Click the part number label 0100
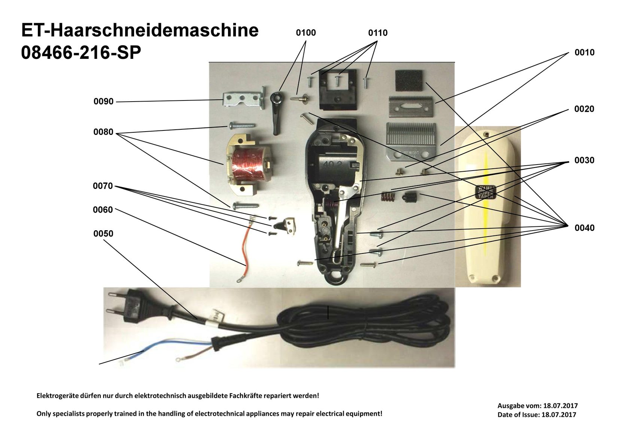[306, 33]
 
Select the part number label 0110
[377, 33]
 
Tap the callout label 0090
[103, 102]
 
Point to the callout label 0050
[103, 234]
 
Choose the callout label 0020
[584, 109]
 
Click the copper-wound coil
[248, 167]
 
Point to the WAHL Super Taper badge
[485, 192]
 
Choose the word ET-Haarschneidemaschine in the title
[140, 30]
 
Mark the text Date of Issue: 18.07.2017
[537, 415]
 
